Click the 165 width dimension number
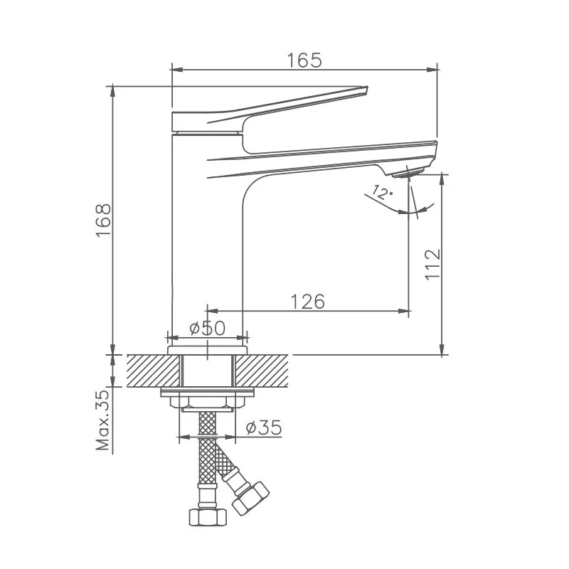point(304,60)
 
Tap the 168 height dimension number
point(104,220)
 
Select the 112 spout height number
point(432,265)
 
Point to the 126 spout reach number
point(308,302)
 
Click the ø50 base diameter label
point(208,329)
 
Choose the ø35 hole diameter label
point(264,427)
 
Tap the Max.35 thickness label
point(102,420)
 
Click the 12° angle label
point(382,192)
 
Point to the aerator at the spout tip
point(408,173)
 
